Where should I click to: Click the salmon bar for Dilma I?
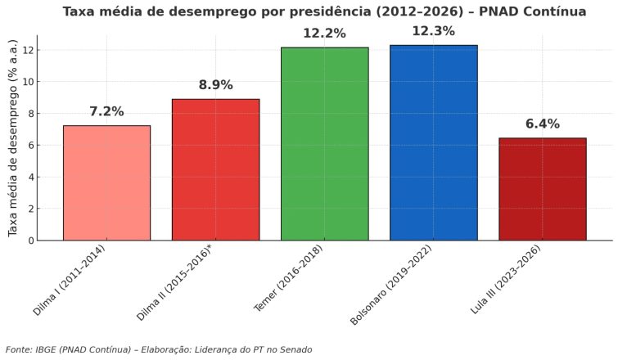(106, 183)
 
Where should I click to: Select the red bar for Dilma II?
(215, 170)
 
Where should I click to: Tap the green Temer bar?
(324, 144)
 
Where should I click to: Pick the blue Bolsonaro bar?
(433, 143)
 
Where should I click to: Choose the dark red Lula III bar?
(542, 189)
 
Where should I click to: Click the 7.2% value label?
(106, 111)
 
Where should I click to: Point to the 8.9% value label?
(215, 85)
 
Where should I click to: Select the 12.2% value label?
(324, 34)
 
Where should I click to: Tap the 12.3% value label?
(433, 31)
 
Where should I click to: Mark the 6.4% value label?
(542, 124)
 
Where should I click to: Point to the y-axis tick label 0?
(29, 241)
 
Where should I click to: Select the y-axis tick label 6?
(29, 145)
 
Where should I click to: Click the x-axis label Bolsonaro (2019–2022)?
(391, 286)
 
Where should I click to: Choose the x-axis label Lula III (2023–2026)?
(505, 280)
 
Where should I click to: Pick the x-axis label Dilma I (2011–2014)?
(70, 281)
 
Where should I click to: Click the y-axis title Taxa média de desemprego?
(14, 138)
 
